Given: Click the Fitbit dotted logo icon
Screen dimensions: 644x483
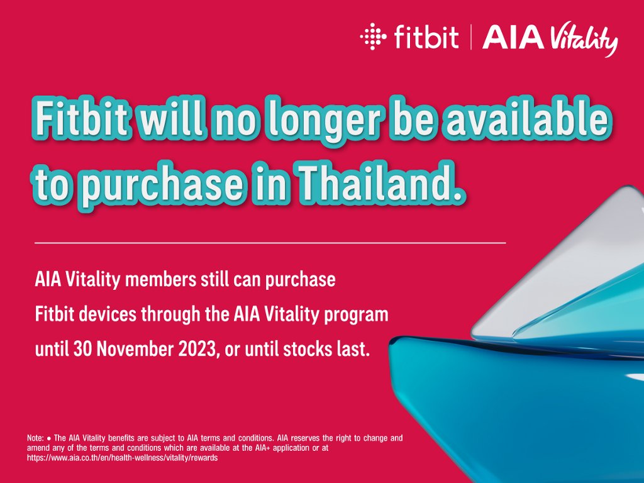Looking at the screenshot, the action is coord(373,36).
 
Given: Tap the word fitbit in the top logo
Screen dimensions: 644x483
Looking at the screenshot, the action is coord(426,36).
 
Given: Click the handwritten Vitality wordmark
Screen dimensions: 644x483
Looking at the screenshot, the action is coord(583,40).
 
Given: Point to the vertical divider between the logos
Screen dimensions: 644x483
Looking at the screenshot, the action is coord(470,37).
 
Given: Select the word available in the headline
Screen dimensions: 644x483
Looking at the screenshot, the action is coord(526,119).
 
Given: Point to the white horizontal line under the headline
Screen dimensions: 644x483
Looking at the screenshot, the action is coord(270,243).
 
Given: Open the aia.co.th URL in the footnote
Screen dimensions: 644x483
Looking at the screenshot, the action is coord(123,458).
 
